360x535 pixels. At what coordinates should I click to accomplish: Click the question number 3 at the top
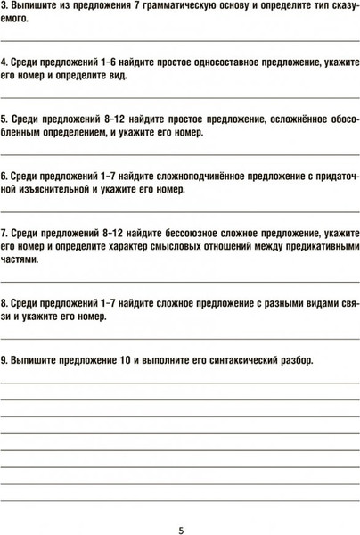point(5,9)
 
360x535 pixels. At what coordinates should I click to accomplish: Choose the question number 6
point(5,177)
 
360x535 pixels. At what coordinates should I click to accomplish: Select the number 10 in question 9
point(126,361)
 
